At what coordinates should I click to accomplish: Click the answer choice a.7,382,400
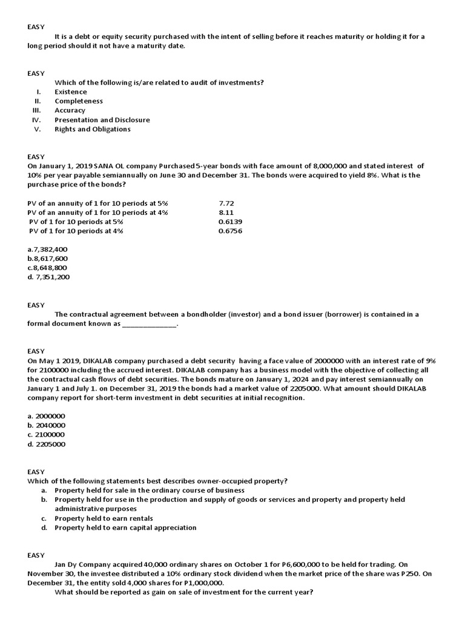pyautogui.click(x=47, y=249)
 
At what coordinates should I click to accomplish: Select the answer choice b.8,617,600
pyautogui.click(x=47, y=259)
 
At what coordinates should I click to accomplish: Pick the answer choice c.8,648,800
pyautogui.click(x=47, y=268)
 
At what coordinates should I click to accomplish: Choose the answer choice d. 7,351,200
pyautogui.click(x=48, y=277)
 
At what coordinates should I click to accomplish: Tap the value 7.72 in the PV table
pyautogui.click(x=226, y=203)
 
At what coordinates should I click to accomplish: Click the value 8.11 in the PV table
pyautogui.click(x=226, y=213)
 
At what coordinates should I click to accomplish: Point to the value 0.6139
pyautogui.click(x=230, y=222)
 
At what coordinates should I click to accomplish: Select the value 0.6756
pyautogui.click(x=230, y=231)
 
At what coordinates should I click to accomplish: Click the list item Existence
pyautogui.click(x=71, y=92)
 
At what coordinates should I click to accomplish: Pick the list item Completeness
pyautogui.click(x=79, y=101)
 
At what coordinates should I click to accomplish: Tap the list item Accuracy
pyautogui.click(x=70, y=110)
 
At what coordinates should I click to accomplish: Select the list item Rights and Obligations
pyautogui.click(x=93, y=129)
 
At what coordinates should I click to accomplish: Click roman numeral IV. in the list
pyautogui.click(x=36, y=120)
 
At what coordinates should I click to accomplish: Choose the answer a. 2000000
pyautogui.click(x=46, y=416)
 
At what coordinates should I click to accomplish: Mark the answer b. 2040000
pyautogui.click(x=46, y=426)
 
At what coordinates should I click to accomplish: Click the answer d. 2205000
pyautogui.click(x=46, y=444)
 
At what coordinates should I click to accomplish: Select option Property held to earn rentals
pyautogui.click(x=104, y=518)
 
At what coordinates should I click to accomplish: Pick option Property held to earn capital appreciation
pyautogui.click(x=125, y=527)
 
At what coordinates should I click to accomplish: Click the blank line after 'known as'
pyautogui.click(x=150, y=324)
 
